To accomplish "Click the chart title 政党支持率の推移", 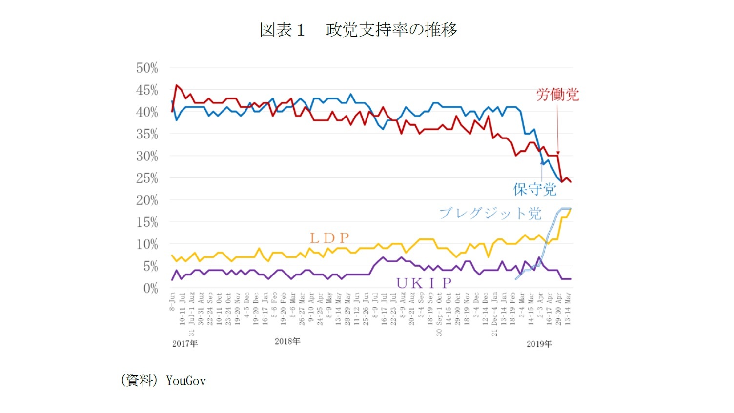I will pyautogui.click(x=391, y=30).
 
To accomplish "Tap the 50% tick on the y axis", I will pyautogui.click(x=147, y=68).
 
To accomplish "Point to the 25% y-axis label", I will pyautogui.click(x=147, y=178).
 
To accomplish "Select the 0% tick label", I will pyautogui.click(x=150, y=288).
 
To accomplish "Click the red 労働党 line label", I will pyautogui.click(x=557, y=95).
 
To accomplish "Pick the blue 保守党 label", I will pyautogui.click(x=534, y=189).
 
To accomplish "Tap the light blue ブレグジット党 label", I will pyautogui.click(x=490, y=213).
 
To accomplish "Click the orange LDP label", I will pyautogui.click(x=330, y=238).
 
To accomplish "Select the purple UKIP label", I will pyautogui.click(x=424, y=283).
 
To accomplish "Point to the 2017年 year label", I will pyautogui.click(x=185, y=344).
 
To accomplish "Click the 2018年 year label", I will pyautogui.click(x=287, y=341).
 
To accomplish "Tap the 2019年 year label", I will pyautogui.click(x=539, y=344).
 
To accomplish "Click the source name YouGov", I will pyautogui.click(x=186, y=381).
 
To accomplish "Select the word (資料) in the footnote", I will pyautogui.click(x=139, y=380).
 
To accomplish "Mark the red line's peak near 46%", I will pyautogui.click(x=177, y=85).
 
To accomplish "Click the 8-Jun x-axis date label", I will pyautogui.click(x=172, y=302).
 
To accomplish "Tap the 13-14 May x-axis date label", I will pyautogui.click(x=568, y=309).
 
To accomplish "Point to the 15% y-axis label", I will pyautogui.click(x=147, y=222).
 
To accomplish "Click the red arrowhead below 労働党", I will pyautogui.click(x=558, y=153).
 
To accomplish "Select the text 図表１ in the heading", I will pyautogui.click(x=282, y=30).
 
